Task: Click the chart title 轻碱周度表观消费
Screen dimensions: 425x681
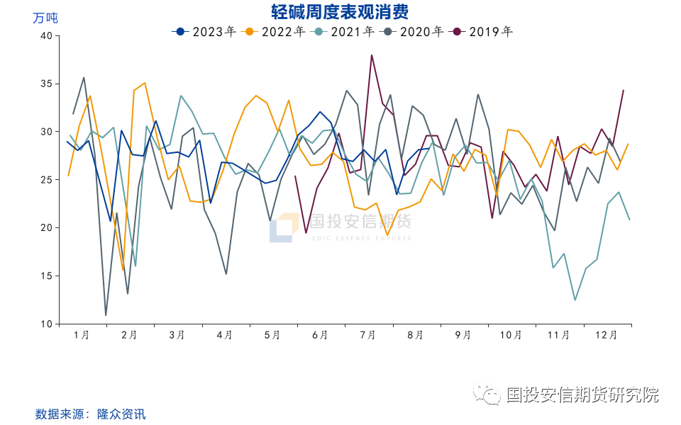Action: pos(340,12)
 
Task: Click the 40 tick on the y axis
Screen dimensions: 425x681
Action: pos(46,35)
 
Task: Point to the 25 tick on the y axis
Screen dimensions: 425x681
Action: pos(46,180)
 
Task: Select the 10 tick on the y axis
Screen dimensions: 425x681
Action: pos(46,324)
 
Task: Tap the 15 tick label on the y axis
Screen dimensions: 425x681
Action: pos(46,276)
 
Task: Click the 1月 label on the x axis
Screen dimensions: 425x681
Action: pos(82,335)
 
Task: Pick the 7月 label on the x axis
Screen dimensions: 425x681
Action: pos(367,335)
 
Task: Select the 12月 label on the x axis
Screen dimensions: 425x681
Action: pos(606,335)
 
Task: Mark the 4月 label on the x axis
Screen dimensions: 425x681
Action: pos(225,335)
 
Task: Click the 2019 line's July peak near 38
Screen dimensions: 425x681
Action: pos(372,55)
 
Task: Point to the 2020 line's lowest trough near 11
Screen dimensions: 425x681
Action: pos(106,314)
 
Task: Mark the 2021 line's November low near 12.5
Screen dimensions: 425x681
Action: pos(575,300)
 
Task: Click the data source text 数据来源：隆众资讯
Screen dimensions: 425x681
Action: pos(90,414)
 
